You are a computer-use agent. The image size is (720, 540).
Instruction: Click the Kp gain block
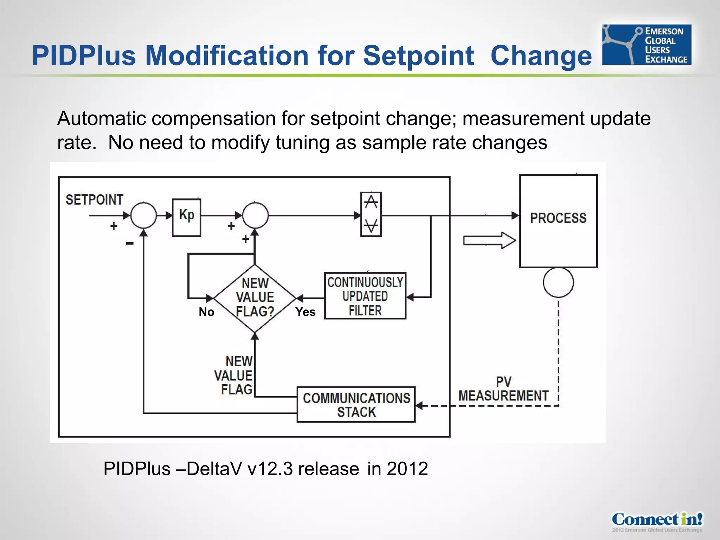tap(186, 217)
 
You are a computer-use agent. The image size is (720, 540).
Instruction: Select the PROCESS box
tap(558, 221)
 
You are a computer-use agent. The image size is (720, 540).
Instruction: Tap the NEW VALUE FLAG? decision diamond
tap(255, 298)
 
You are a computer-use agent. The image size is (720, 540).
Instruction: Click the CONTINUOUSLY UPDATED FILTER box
tap(365, 296)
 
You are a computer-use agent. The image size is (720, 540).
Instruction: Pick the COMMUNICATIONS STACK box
tap(356, 405)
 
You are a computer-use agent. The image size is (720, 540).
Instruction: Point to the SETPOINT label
tap(94, 200)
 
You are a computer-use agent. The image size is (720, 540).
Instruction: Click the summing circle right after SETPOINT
tap(143, 215)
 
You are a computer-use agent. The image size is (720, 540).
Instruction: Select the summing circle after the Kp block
tap(255, 215)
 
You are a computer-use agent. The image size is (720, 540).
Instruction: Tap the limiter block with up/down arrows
tap(371, 214)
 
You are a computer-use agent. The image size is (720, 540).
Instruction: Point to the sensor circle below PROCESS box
tap(558, 282)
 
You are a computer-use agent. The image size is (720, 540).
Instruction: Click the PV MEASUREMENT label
tap(503, 389)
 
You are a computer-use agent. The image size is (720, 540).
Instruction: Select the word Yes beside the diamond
tap(305, 312)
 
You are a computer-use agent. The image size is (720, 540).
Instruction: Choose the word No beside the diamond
tap(206, 312)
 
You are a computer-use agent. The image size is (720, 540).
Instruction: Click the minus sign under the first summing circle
tap(130, 243)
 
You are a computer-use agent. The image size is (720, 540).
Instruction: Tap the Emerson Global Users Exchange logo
tap(646, 45)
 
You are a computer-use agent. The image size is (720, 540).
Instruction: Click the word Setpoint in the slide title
tap(418, 56)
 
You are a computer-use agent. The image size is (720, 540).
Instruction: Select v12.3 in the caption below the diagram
tap(270, 469)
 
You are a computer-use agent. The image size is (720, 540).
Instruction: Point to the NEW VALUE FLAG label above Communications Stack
tap(233, 375)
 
